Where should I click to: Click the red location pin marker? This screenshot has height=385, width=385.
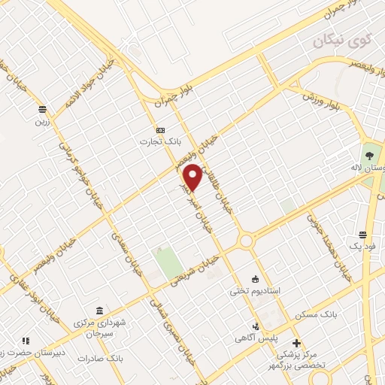click(x=193, y=177)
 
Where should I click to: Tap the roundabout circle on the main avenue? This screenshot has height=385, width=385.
click(x=245, y=241)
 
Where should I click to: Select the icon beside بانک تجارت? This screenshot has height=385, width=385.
click(x=159, y=130)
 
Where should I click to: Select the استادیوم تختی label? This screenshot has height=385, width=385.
click(x=255, y=290)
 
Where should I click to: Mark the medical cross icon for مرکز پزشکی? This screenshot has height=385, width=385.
click(x=296, y=343)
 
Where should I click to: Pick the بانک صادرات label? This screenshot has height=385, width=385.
click(x=105, y=359)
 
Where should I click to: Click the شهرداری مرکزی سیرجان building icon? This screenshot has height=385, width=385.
click(x=100, y=311)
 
